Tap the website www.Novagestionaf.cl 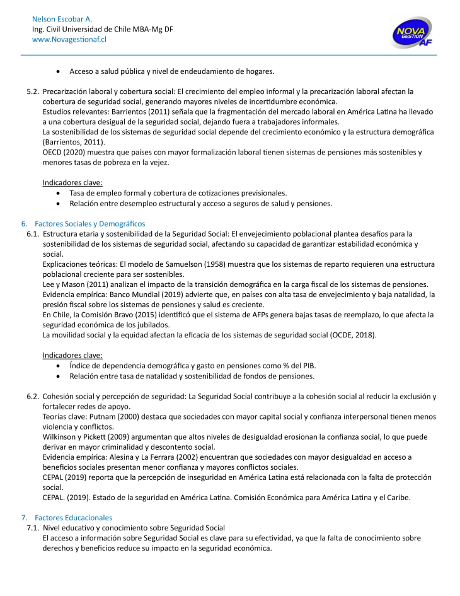pyautogui.click(x=69, y=39)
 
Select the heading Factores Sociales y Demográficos pyautogui.click(x=90, y=224)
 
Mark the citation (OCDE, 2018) pyautogui.click(x=352, y=335)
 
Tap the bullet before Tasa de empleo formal pyautogui.click(x=59, y=193)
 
